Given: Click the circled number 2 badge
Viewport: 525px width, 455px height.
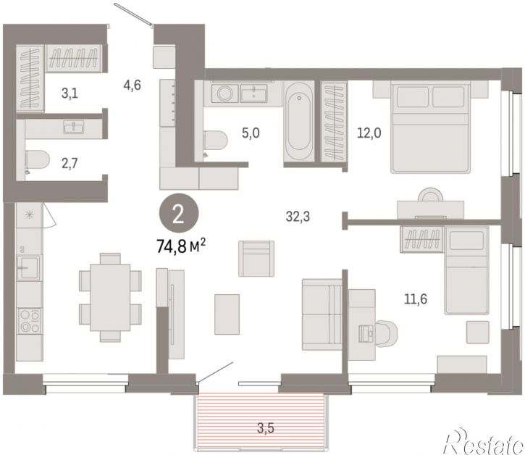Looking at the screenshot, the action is pos(179,214).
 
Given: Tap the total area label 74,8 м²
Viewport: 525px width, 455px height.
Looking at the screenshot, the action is pos(181,247).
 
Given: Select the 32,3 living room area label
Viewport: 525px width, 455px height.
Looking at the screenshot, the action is pos(298,217).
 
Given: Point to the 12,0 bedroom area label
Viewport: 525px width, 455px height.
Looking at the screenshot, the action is pos(369,133).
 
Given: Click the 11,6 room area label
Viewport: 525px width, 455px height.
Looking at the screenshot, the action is pos(416,299).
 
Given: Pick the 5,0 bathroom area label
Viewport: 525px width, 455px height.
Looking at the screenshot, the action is pos(251,133).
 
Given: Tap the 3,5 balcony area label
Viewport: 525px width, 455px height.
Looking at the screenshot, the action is pos(266,428).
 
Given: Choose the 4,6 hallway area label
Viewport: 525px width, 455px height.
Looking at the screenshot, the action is pos(133,85).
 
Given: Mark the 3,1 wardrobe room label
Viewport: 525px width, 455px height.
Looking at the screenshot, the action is pos(70,93).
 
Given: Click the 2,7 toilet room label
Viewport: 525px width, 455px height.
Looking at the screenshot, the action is pos(70,164).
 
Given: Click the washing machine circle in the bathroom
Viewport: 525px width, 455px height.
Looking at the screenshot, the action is pos(224,93).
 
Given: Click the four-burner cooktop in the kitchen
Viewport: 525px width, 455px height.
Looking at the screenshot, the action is pos(30,321).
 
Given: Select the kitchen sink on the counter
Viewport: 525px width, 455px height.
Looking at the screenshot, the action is pos(30,267).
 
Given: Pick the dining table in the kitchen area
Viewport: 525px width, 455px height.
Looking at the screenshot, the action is pos(110,297).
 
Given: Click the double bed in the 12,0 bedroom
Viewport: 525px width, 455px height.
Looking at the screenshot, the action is pos(431,128).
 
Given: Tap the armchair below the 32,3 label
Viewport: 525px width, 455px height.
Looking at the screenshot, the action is pos(256,259).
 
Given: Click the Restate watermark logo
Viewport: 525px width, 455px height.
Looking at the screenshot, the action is pos(483,442).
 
